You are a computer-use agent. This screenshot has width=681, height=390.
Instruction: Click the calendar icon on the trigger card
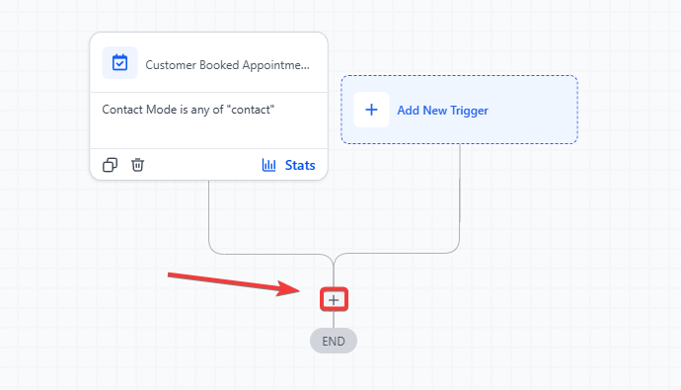click(119, 63)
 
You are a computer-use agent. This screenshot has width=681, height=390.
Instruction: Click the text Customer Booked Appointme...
click(228, 65)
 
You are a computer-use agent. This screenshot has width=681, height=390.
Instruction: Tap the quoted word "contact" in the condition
click(251, 110)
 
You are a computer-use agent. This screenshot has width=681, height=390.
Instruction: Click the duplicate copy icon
click(110, 165)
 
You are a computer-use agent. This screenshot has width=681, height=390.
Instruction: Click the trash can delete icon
click(137, 165)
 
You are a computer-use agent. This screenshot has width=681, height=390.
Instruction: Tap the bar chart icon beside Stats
click(268, 165)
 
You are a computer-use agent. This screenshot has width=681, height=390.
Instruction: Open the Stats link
click(300, 165)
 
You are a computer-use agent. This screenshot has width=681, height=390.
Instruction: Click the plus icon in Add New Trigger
click(371, 110)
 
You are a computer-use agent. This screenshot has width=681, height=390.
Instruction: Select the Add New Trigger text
click(442, 111)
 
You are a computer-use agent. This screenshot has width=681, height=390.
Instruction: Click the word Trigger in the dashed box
click(470, 111)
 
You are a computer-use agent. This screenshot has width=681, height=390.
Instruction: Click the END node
click(334, 341)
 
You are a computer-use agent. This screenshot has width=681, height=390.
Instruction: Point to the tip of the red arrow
click(300, 290)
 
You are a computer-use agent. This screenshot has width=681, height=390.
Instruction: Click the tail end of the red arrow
click(169, 274)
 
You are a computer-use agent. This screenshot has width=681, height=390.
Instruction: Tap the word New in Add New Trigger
click(434, 111)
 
